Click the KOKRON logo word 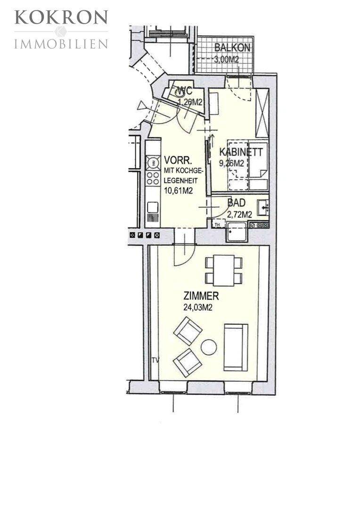pos(61,17)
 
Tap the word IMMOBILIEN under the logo pos(61,44)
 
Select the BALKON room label pos(232,48)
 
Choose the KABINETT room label pos(241,152)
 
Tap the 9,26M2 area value pos(231,164)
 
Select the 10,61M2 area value pos(179,190)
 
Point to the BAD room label pos(237,203)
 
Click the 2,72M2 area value pos(239,214)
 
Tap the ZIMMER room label pos(201,296)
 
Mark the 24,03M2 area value pos(198,307)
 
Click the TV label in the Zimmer pos(155,360)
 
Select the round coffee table pos(209,347)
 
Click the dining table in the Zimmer pos(224,271)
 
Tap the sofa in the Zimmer pos(236,347)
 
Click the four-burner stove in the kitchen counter pos(153,179)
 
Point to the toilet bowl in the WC pos(180,93)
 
